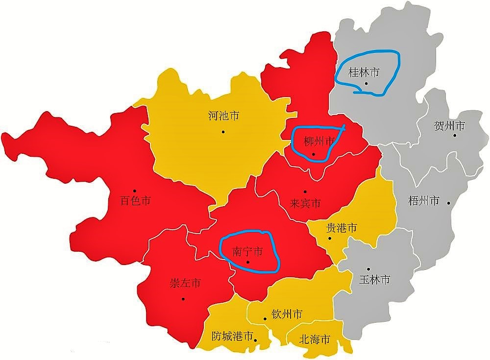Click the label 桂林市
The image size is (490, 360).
click(x=364, y=72)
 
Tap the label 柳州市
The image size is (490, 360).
click(x=319, y=142)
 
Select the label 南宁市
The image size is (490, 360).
click(x=247, y=251)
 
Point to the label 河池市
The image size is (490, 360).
click(x=223, y=117)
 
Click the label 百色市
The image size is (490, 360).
click(x=135, y=200)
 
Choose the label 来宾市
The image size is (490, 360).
click(x=305, y=202)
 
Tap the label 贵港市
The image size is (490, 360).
click(x=341, y=228)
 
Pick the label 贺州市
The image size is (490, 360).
click(x=449, y=126)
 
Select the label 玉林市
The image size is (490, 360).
click(x=375, y=280)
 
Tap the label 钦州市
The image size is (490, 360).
click(x=287, y=314)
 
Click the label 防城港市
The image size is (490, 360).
click(x=232, y=336)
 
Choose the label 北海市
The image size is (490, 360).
click(x=314, y=339)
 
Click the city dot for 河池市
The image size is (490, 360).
click(x=223, y=131)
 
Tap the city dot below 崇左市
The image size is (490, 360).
click(x=183, y=298)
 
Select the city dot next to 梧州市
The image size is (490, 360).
click(x=448, y=202)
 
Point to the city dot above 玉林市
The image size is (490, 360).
click(x=368, y=269)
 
